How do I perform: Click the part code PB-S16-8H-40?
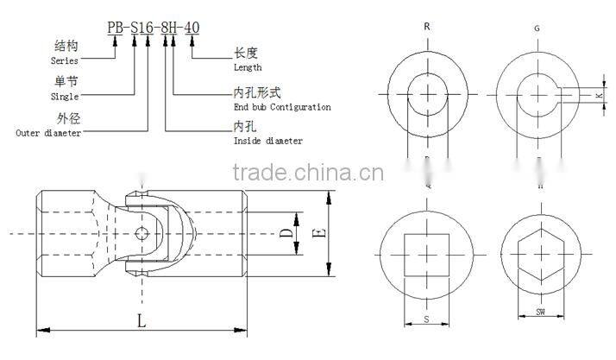[154, 28]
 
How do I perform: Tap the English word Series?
[64, 61]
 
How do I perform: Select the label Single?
[66, 98]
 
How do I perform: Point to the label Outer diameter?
[49, 133]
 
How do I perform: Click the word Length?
[248, 67]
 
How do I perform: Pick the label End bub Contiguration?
[282, 107]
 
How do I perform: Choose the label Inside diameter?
[268, 141]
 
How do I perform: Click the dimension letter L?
[142, 321]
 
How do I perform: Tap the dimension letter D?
[286, 233]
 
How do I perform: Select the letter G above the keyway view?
[537, 28]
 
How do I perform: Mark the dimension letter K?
[598, 96]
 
